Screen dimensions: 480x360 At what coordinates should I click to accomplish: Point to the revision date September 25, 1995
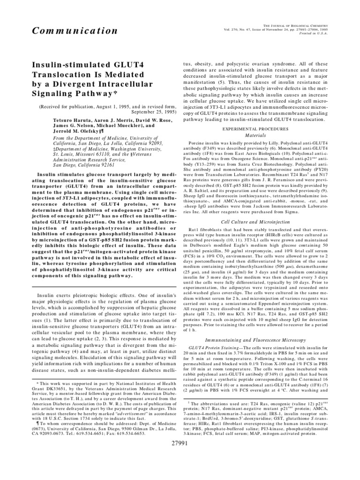pyautogui.click(x=147, y=113)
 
